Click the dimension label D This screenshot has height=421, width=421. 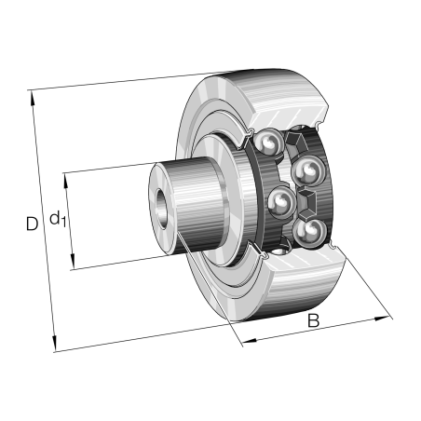point(32,224)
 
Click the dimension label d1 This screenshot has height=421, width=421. point(58,220)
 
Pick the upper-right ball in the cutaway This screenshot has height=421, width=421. point(307,171)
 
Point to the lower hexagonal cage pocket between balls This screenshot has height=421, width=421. point(307,201)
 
